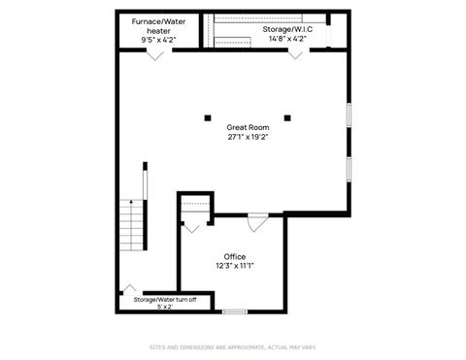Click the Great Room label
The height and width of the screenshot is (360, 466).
(248, 127)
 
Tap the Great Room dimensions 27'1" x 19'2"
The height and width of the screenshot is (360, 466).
(248, 137)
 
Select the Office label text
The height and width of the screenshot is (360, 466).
(234, 256)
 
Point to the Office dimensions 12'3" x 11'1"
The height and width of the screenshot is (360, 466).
(234, 266)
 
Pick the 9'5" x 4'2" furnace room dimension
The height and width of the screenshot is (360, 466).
(159, 41)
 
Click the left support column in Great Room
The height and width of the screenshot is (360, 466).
(207, 118)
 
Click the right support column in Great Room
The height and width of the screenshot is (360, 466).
(288, 118)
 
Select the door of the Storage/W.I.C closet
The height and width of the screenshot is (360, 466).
(294, 55)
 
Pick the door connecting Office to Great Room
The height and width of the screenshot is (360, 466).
(257, 224)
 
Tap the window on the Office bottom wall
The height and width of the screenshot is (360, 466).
(234, 311)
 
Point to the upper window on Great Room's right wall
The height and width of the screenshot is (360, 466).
(349, 115)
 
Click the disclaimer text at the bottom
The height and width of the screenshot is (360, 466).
(233, 346)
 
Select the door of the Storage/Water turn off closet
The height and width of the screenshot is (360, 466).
(129, 289)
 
